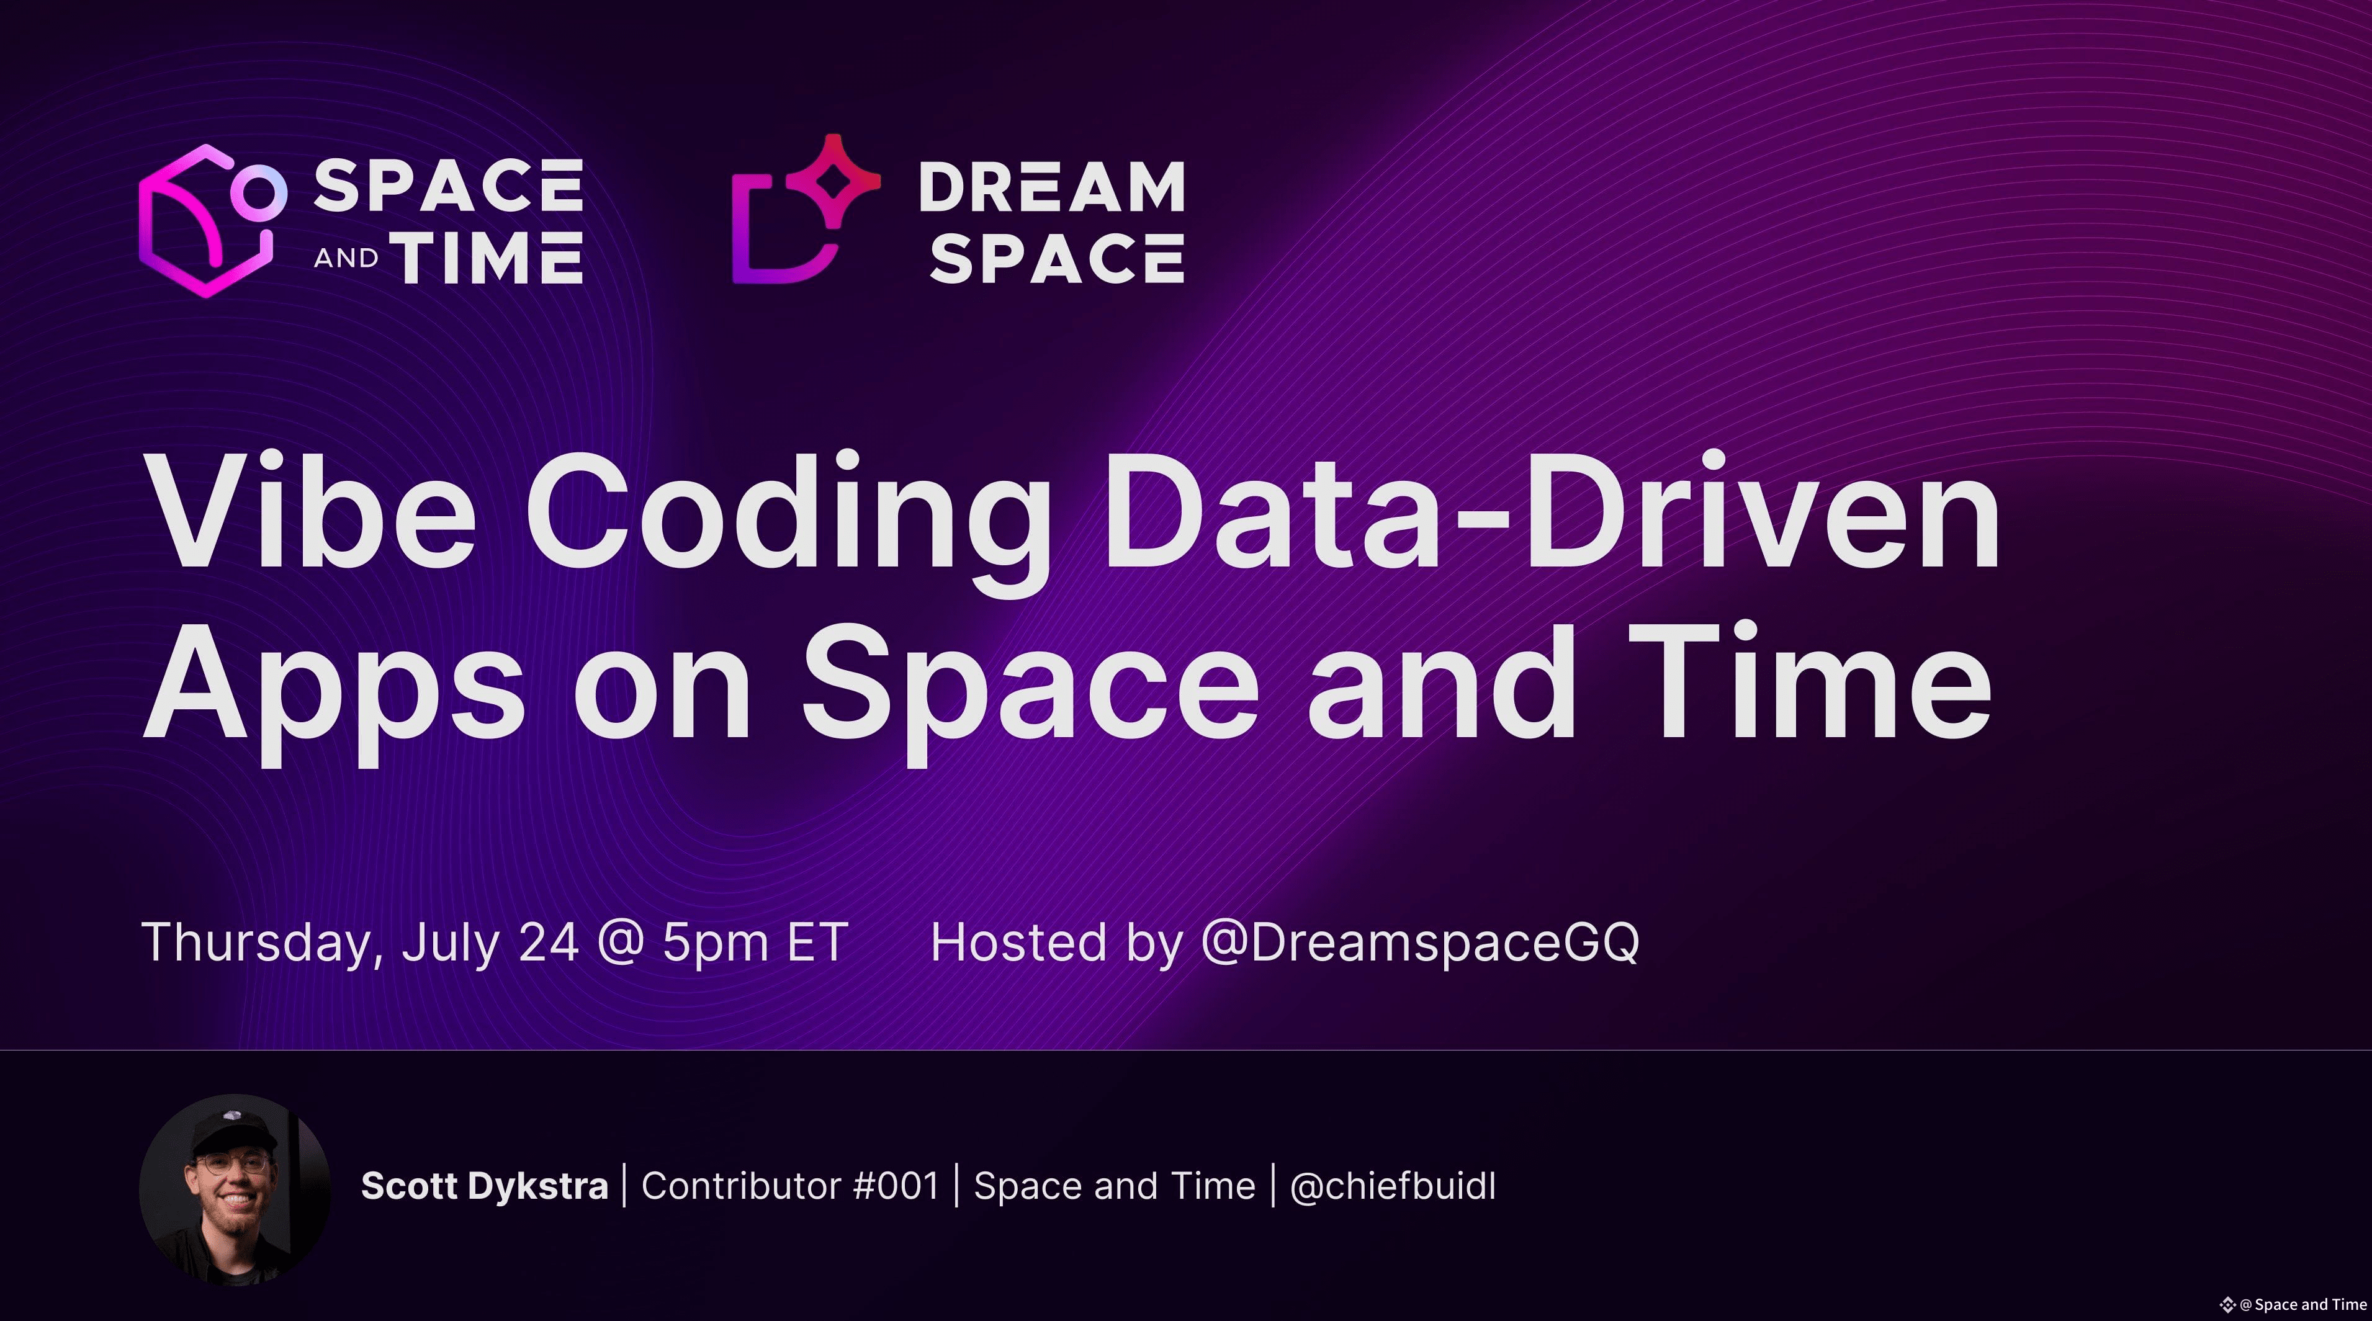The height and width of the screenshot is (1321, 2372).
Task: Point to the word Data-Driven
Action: coord(1553,512)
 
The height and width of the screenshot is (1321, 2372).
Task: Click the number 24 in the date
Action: coord(549,943)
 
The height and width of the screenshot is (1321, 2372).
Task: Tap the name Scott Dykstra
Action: coord(484,1186)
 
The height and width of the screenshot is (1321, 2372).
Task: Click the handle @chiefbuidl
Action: coord(1393,1186)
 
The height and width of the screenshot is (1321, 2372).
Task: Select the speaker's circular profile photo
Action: coord(235,1189)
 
